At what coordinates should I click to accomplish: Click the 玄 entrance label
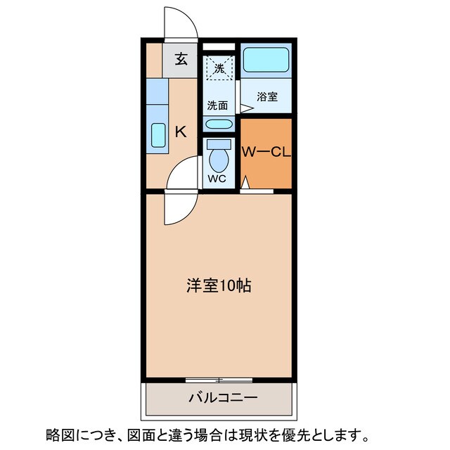point(181,59)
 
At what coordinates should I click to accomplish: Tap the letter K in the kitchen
point(181,131)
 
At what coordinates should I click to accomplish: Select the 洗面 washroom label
point(217,105)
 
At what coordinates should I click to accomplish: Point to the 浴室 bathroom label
point(266,97)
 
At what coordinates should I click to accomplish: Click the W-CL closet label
point(266,152)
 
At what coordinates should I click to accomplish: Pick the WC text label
point(218,179)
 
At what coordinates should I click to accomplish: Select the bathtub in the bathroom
point(266,61)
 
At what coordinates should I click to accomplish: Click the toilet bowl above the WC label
point(219,157)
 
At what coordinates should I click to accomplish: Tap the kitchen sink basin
point(157,134)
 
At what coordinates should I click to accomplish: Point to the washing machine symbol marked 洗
point(219,68)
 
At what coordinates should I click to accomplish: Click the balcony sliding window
point(219,380)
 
